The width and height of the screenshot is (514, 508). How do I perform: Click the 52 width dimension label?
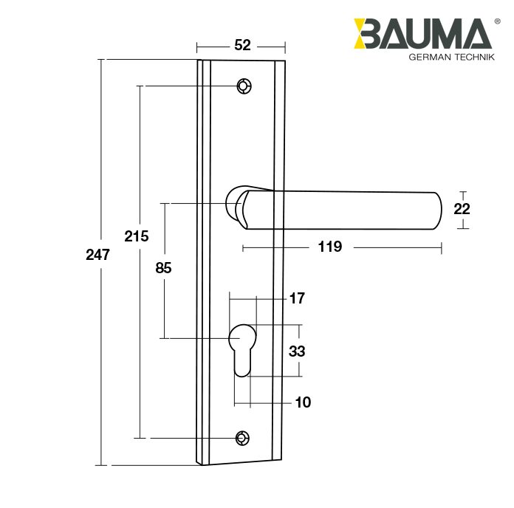click(241, 45)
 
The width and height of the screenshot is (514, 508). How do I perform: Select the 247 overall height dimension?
click(97, 255)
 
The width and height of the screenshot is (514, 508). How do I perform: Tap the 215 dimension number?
click(137, 236)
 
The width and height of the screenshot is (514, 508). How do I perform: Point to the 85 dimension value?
click(163, 268)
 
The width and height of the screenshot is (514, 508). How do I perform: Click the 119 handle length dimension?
click(329, 247)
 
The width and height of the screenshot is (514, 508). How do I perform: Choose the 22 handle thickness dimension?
click(462, 209)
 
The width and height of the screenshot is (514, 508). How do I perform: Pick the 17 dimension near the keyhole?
click(297, 298)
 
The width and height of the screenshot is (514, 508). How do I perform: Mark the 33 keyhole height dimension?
click(297, 351)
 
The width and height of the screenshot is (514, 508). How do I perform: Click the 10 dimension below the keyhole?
click(303, 402)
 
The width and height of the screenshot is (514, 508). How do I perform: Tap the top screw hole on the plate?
click(243, 86)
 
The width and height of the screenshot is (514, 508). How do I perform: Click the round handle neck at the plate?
click(237, 205)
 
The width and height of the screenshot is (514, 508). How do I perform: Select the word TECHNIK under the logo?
click(473, 58)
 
